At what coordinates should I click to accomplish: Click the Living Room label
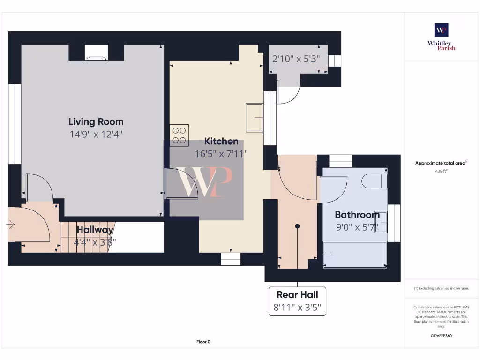[96, 122]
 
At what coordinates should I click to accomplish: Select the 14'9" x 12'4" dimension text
[96, 134]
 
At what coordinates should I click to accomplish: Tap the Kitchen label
[221, 141]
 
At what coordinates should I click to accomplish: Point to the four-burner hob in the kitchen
[179, 135]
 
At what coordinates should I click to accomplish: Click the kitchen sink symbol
[255, 117]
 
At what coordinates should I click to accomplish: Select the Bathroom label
[357, 215]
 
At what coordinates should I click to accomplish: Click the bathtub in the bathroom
[355, 255]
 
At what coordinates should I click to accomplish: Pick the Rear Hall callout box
[297, 301]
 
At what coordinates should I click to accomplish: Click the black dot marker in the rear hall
[297, 226]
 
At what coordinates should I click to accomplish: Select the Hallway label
[95, 230]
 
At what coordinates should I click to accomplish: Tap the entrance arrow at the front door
[10, 225]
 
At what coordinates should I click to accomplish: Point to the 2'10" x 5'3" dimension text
[296, 59]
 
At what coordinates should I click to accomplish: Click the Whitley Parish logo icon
[441, 30]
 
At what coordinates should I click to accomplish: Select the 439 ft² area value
[441, 171]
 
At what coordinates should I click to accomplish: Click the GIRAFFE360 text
[441, 336]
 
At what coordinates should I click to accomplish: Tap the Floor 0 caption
[203, 342]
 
